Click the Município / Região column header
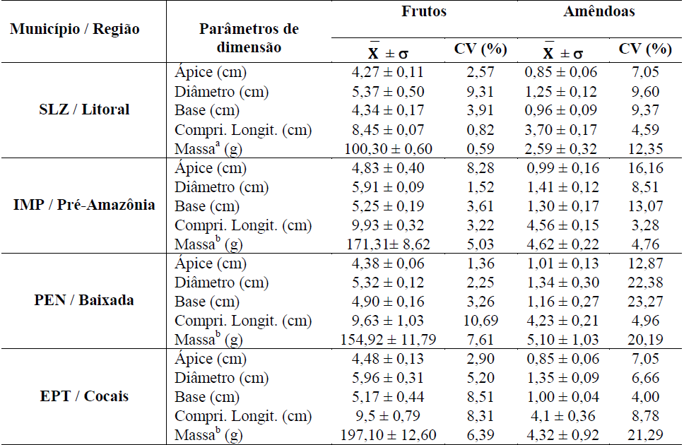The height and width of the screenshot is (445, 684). [75, 30]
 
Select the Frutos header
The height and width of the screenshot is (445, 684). [423, 12]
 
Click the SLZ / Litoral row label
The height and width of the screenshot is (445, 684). [84, 109]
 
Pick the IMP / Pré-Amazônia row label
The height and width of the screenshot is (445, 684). [84, 206]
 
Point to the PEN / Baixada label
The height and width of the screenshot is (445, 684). [84, 300]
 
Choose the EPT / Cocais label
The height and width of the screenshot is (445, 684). [84, 396]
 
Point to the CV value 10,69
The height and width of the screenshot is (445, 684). [480, 321]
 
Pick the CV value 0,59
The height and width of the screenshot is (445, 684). [480, 149]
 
